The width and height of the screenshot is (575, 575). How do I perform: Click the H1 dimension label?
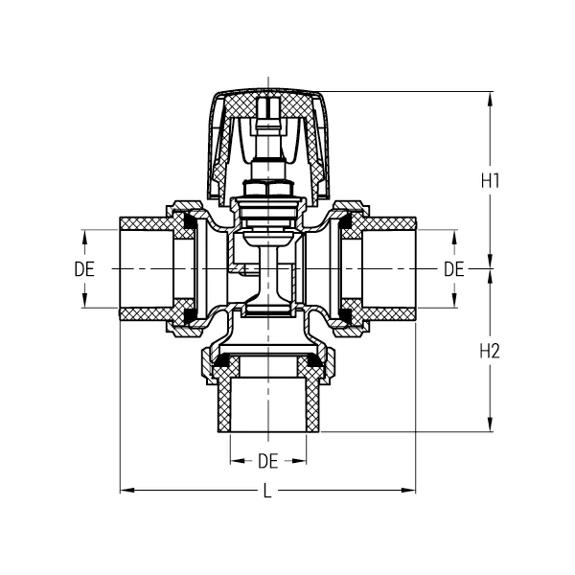(x=490, y=179)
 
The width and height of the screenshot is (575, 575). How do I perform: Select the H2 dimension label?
(x=490, y=351)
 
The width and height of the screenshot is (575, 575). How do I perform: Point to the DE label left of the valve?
(x=84, y=269)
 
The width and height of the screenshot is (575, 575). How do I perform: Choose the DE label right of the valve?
(x=453, y=269)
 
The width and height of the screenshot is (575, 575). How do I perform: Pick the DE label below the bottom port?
(x=267, y=461)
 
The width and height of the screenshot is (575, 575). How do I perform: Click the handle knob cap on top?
(x=268, y=105)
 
